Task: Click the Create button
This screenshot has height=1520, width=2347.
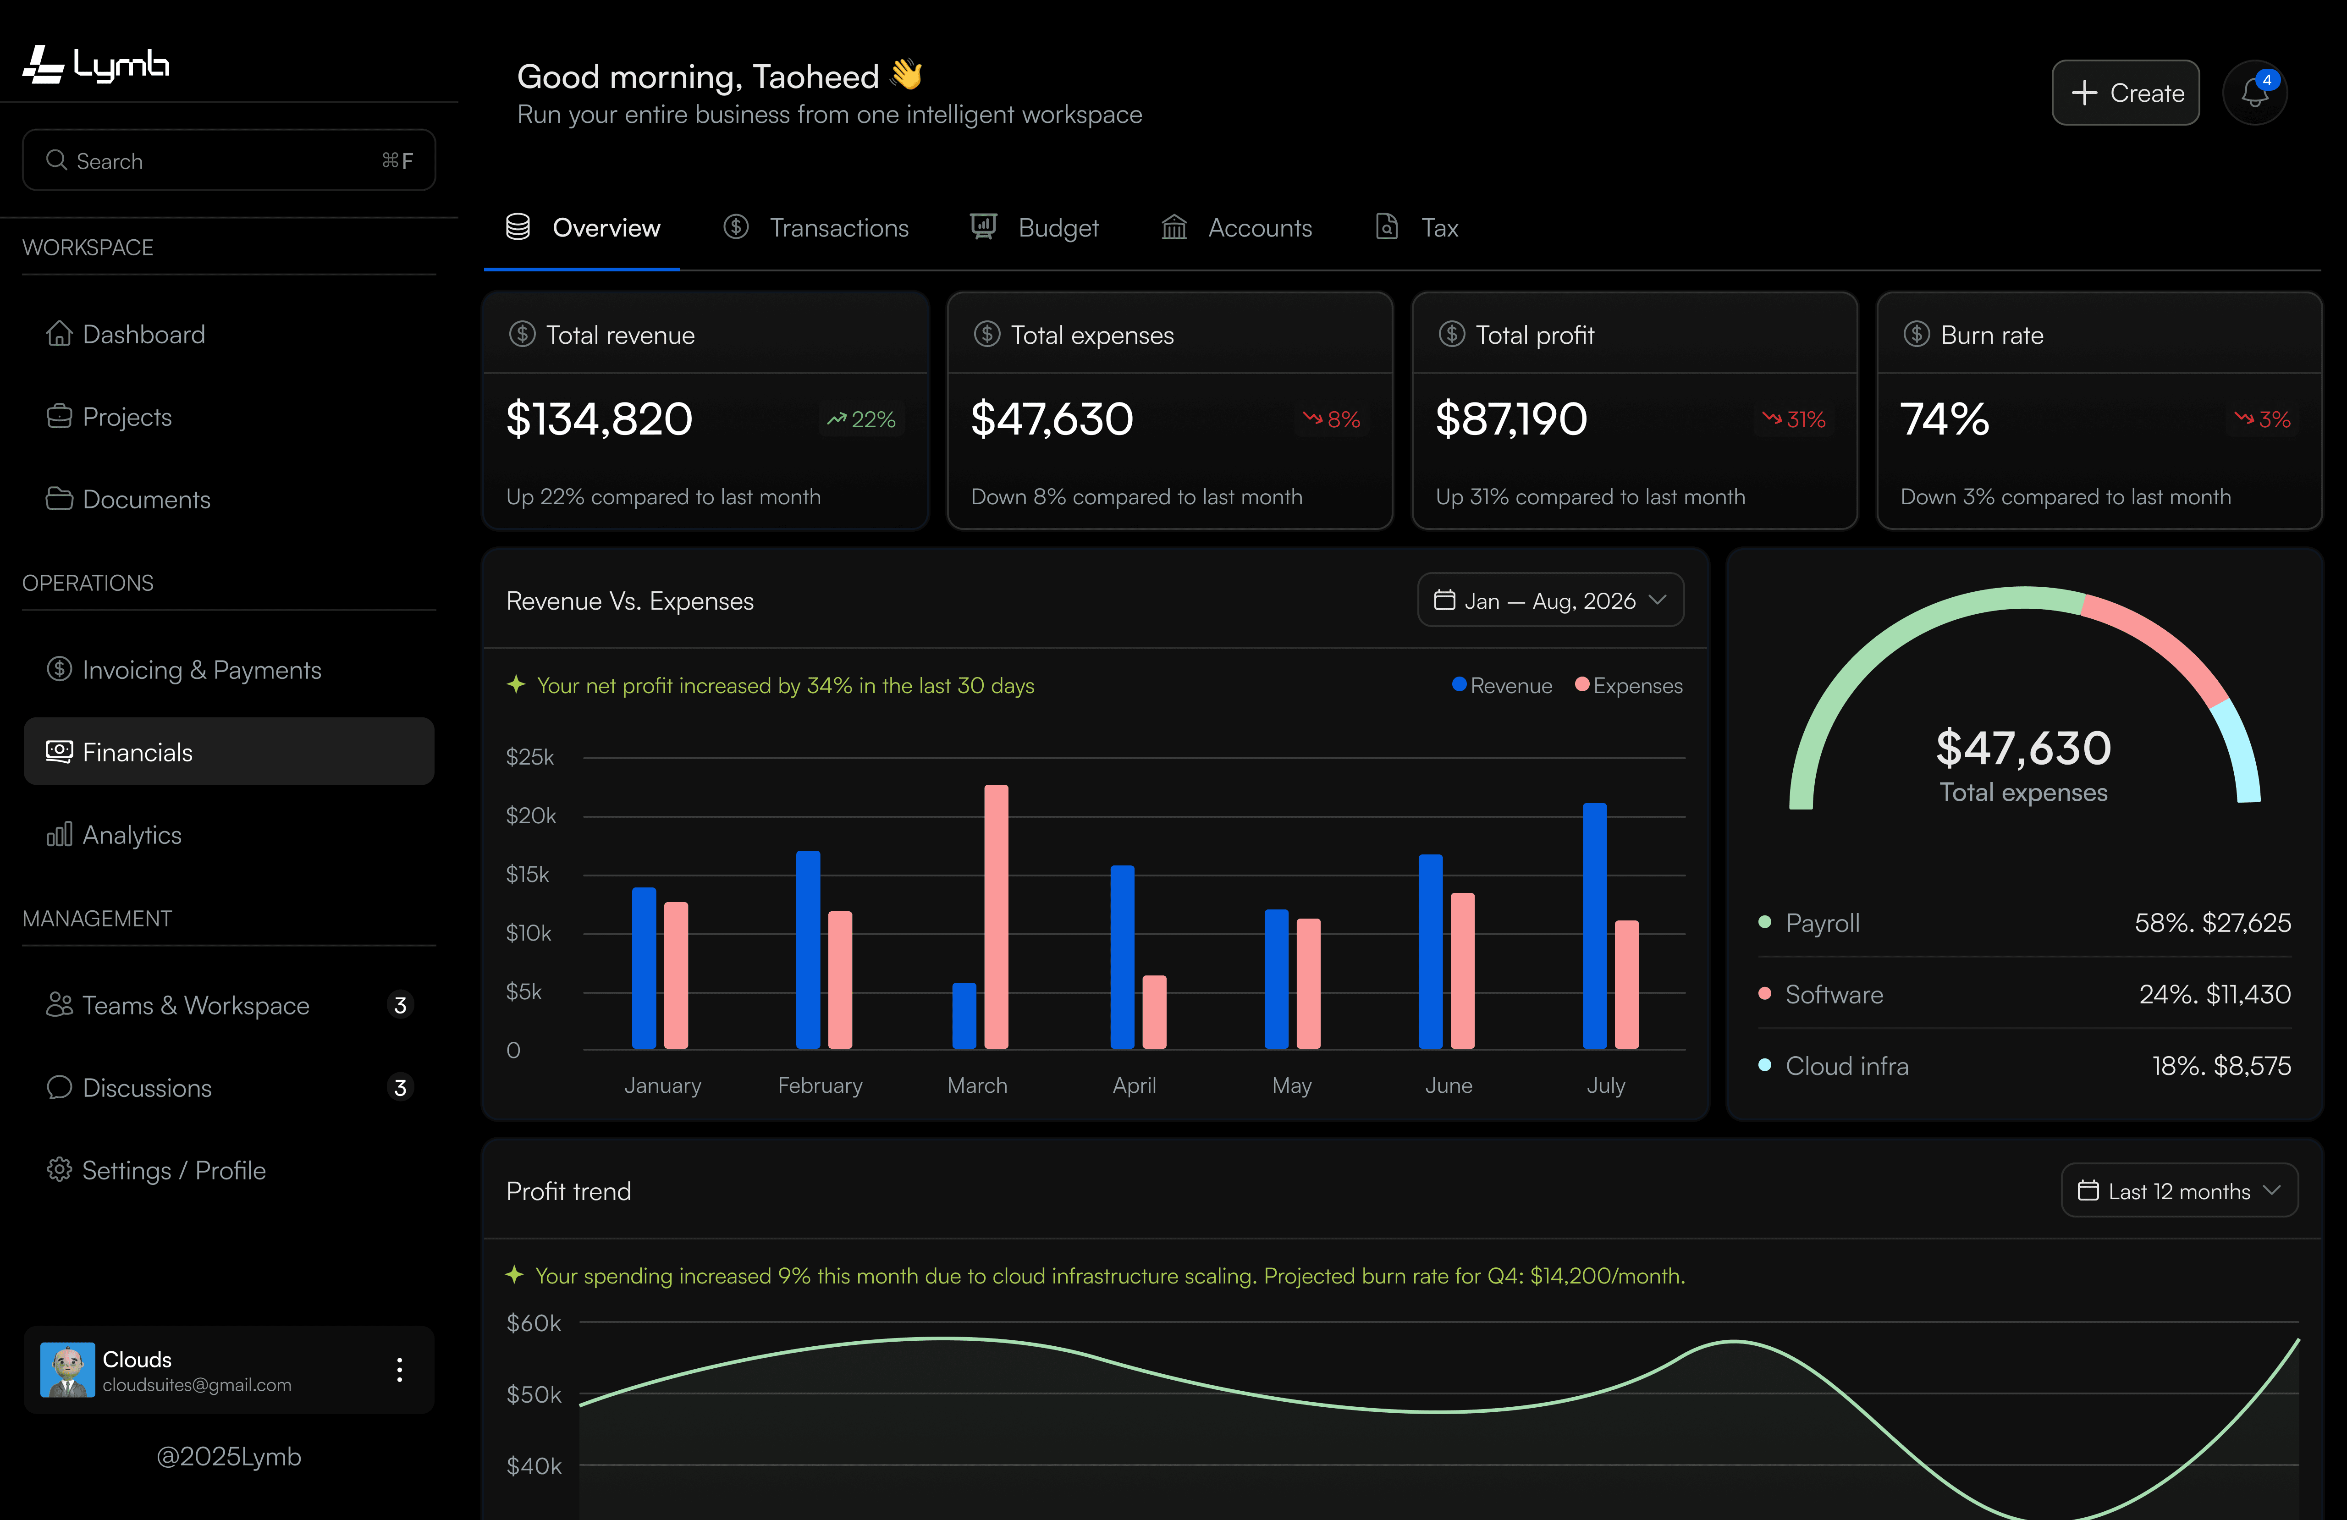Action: pyautogui.click(x=2125, y=93)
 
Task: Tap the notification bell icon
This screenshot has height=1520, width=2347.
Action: pyautogui.click(x=2254, y=93)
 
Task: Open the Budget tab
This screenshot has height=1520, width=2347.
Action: pyautogui.click(x=1035, y=228)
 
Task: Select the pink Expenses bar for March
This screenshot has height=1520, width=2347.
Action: pyautogui.click(x=996, y=916)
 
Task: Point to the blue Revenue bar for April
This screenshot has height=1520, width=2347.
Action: pyautogui.click(x=1122, y=957)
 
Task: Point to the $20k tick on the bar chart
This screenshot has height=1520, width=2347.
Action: pyautogui.click(x=530, y=816)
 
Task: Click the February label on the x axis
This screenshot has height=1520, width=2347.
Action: pyautogui.click(x=820, y=1085)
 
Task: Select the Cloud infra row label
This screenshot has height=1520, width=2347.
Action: pyautogui.click(x=1846, y=1066)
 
